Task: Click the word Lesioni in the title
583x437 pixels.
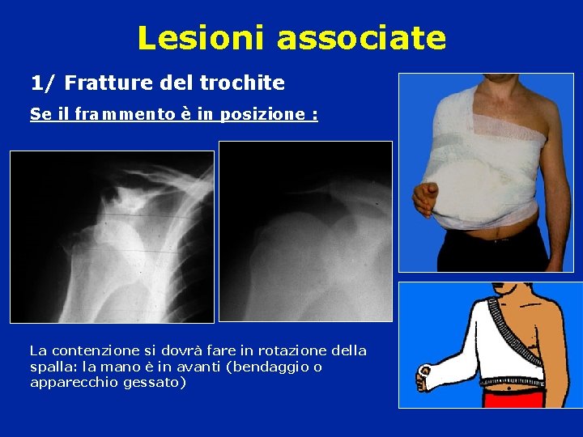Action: coord(202,37)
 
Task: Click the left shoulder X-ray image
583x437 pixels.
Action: coord(112,237)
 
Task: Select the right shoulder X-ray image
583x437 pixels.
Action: coord(306,231)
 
